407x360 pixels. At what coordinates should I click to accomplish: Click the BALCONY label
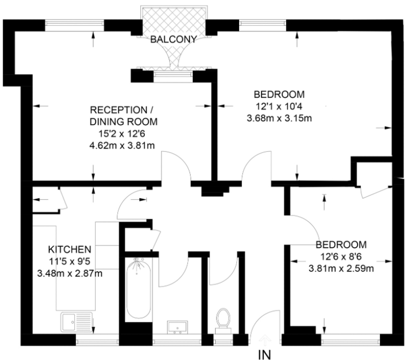pyautogui.click(x=174, y=39)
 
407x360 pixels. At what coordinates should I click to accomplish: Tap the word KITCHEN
pyautogui.click(x=70, y=249)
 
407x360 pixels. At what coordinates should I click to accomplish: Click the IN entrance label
pyautogui.click(x=264, y=355)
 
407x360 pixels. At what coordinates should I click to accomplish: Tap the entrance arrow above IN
pyautogui.click(x=265, y=339)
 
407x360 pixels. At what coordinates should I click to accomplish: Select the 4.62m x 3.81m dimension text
pyautogui.click(x=122, y=145)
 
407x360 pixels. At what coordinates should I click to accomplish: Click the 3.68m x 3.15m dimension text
pyautogui.click(x=279, y=118)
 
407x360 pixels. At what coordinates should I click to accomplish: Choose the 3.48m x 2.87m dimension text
pyautogui.click(x=70, y=273)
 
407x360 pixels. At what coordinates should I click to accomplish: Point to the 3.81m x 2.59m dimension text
pyautogui.click(x=341, y=268)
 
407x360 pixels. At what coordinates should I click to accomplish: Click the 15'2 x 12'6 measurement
pyautogui.click(x=122, y=134)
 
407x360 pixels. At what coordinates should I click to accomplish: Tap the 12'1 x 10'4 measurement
pyautogui.click(x=279, y=106)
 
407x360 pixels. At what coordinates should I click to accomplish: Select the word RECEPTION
pyautogui.click(x=119, y=110)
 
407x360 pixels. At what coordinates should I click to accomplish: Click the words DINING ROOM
pyautogui.click(x=124, y=122)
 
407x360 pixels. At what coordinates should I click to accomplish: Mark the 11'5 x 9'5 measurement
pyautogui.click(x=70, y=262)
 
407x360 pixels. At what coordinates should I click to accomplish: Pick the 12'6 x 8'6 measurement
pyautogui.click(x=341, y=257)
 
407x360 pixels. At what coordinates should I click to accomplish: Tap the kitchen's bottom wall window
pyautogui.click(x=97, y=340)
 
